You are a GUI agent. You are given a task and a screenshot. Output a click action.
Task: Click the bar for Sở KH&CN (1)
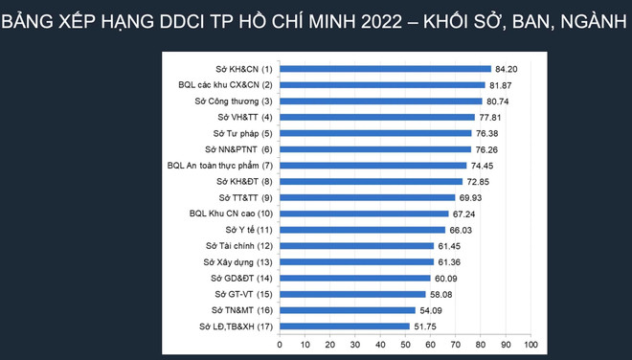(383, 69)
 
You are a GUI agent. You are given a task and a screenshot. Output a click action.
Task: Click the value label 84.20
(506, 69)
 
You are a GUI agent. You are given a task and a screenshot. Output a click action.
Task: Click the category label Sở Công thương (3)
(234, 101)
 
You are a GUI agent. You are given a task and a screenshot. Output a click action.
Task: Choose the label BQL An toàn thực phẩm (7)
(219, 166)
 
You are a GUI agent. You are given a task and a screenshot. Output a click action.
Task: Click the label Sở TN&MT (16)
(241, 310)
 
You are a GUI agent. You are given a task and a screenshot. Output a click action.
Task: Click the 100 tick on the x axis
(530, 344)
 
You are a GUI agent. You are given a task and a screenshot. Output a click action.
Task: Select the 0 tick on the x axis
(279, 344)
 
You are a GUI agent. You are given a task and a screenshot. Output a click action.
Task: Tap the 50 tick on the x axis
(404, 344)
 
